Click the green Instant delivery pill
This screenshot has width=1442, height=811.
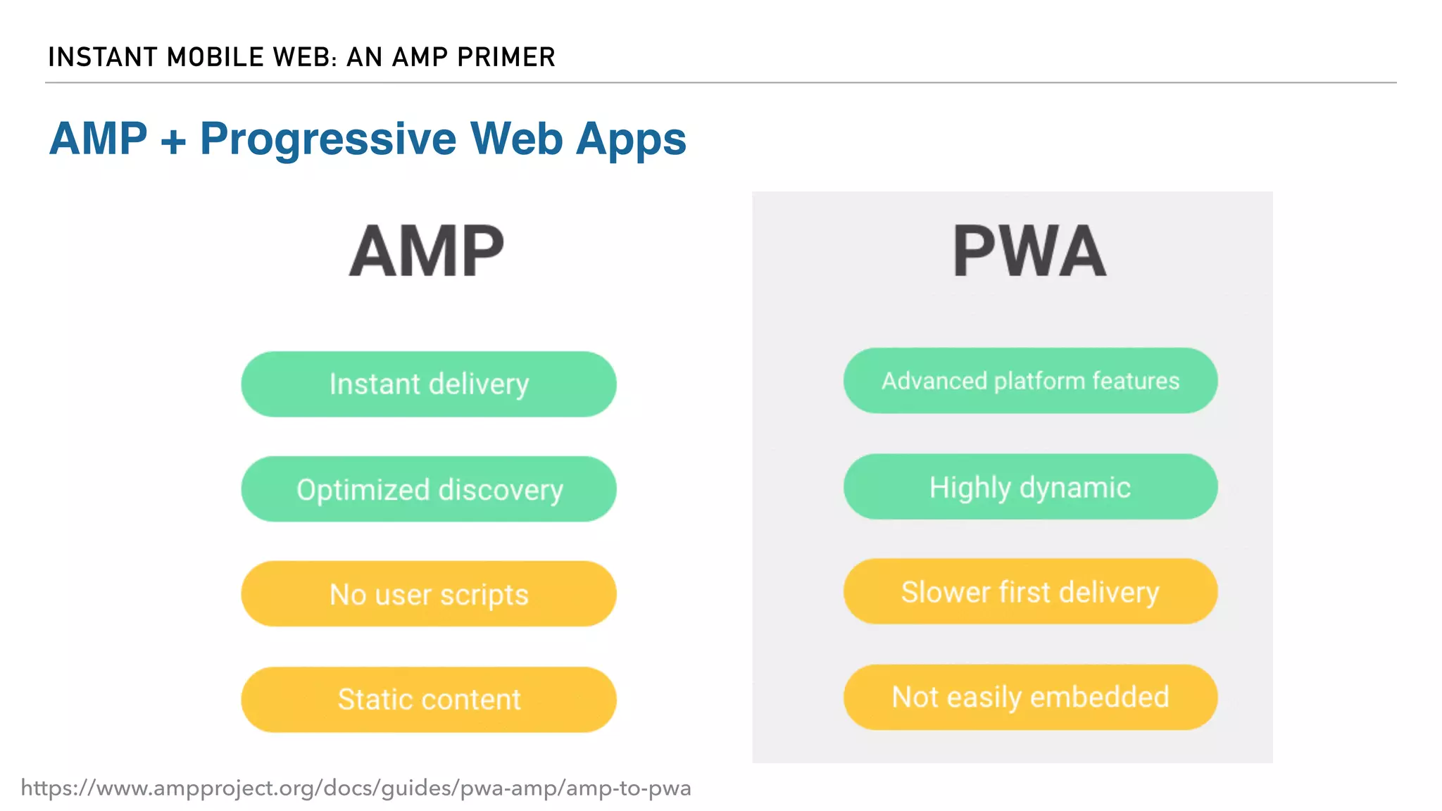tap(428, 384)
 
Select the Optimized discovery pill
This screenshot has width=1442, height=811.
tap(428, 489)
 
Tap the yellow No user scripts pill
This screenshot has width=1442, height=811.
tap(428, 594)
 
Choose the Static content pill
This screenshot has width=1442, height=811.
tap(428, 699)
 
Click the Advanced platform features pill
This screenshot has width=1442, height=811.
tap(1030, 381)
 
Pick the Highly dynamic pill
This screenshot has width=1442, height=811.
tap(1030, 487)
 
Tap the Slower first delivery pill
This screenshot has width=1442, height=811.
tap(1030, 591)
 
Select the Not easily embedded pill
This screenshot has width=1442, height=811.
tap(1030, 697)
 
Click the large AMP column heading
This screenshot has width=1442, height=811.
tap(427, 251)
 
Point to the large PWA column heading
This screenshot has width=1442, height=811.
tap(1029, 251)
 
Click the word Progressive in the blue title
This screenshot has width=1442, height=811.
tap(328, 139)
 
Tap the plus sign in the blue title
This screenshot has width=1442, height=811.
tap(173, 141)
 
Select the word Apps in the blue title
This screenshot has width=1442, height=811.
tap(631, 139)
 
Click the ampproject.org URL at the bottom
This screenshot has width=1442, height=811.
tap(356, 788)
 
